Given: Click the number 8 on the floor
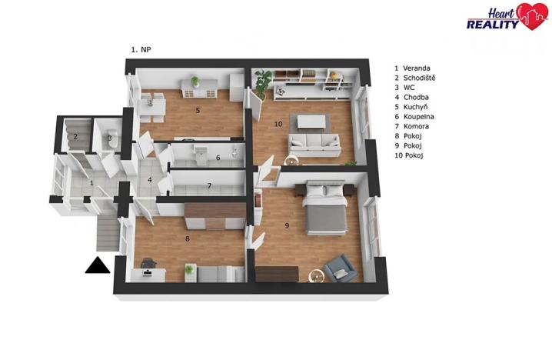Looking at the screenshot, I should tap(187, 238).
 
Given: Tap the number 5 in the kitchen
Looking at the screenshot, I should tap(198, 111).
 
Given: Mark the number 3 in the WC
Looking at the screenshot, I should tap(110, 139).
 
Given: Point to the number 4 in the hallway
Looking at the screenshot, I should tap(150, 182).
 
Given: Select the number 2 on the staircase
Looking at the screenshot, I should tap(75, 138).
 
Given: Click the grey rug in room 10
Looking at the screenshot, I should tap(314, 121).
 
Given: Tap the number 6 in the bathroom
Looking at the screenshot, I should tap(218, 158).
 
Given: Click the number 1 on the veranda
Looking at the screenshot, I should tap(91, 183).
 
